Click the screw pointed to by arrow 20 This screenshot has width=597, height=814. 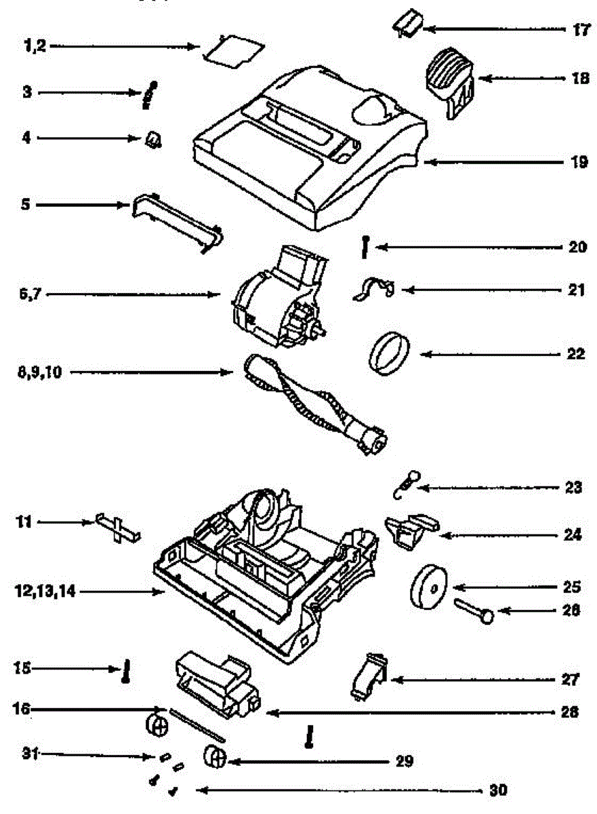click(x=366, y=247)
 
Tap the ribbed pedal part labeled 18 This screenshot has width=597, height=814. click(x=450, y=81)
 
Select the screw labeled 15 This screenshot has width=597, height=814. click(x=125, y=673)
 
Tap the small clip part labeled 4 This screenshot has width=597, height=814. click(x=154, y=140)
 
